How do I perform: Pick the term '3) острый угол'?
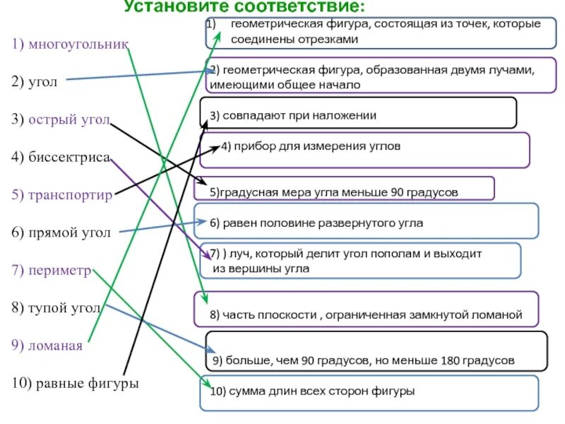pyautogui.click(x=61, y=119)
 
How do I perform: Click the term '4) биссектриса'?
pyautogui.click(x=61, y=157)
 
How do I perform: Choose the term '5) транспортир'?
pyautogui.click(x=62, y=194)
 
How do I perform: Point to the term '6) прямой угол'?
pyautogui.click(x=60, y=232)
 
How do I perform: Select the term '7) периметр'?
pyautogui.click(x=52, y=270)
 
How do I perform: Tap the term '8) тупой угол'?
pyautogui.click(x=56, y=308)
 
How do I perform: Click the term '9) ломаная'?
pyautogui.click(x=47, y=346)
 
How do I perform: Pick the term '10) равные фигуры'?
pyautogui.click(x=75, y=383)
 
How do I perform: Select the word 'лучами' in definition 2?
pyautogui.click(x=516, y=70)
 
